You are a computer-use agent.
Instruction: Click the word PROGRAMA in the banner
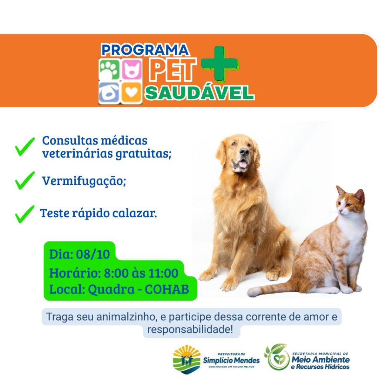(x=145, y=50)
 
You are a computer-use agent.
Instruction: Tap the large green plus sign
(x=220, y=63)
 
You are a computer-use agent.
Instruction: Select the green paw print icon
(x=110, y=69)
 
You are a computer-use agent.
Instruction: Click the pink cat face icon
(x=132, y=69)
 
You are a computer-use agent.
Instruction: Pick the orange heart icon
(x=131, y=92)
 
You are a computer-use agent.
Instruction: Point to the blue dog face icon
(x=109, y=92)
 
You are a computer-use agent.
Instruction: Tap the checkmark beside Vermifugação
(x=25, y=180)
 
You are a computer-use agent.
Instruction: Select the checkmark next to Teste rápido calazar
(x=25, y=214)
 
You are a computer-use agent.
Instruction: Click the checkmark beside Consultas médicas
(x=25, y=147)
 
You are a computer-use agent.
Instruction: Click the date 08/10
(x=93, y=254)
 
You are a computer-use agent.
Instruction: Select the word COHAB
(x=167, y=289)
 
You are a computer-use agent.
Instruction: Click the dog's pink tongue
(x=243, y=165)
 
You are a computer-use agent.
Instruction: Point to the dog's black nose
(x=244, y=151)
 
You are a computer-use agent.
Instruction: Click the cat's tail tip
(x=251, y=292)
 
